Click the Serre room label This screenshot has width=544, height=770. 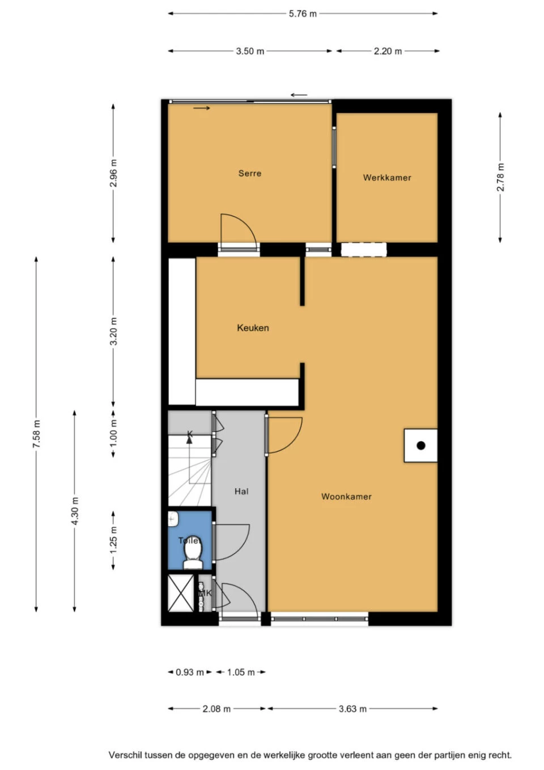(250, 174)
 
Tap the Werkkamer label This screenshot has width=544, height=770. (387, 177)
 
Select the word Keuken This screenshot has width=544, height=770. (253, 328)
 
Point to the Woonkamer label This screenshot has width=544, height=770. (346, 496)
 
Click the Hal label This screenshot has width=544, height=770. (241, 491)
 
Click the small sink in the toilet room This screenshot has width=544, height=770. (172, 519)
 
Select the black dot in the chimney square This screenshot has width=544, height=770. (420, 446)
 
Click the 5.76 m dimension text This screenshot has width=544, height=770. (303, 14)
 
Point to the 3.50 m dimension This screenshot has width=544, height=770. (250, 51)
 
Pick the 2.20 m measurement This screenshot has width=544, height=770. (388, 51)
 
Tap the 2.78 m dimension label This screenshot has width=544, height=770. (500, 177)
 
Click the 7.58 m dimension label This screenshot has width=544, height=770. (36, 433)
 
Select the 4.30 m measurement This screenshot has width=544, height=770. (75, 510)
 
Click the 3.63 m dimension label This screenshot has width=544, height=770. (352, 708)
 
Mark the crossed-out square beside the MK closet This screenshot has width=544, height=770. (181, 593)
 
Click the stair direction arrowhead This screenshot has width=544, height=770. (189, 441)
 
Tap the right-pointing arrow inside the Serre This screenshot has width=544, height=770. (202, 108)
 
